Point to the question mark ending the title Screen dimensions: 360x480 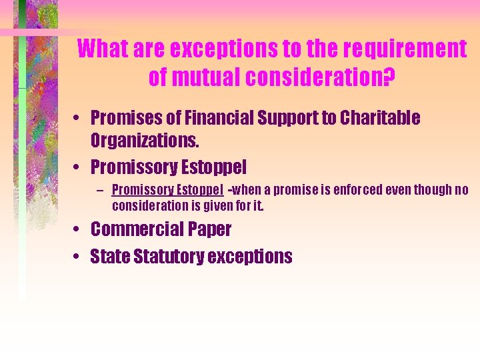click(389, 78)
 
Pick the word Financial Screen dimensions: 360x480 click(216, 118)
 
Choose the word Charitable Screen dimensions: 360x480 click(380, 118)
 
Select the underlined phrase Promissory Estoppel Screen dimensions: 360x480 click(167, 190)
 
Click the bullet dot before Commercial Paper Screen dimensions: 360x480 click(79, 230)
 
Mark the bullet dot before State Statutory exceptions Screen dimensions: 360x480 click(79, 257)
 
